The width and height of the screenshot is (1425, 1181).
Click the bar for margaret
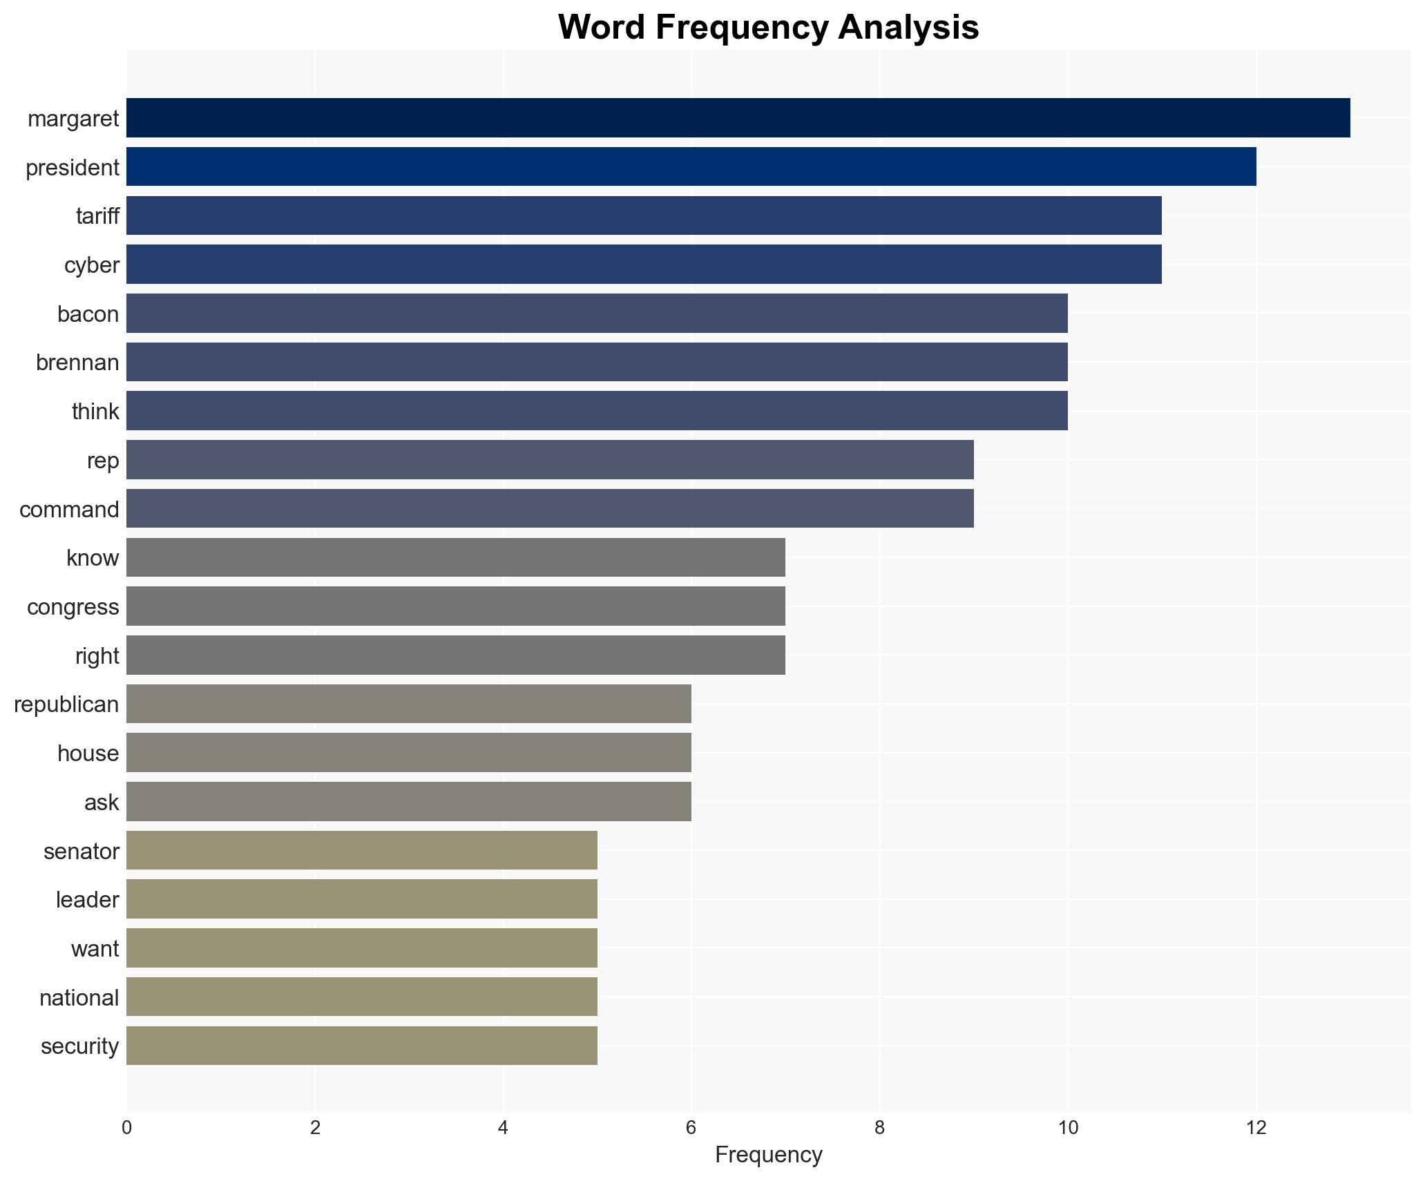tap(738, 118)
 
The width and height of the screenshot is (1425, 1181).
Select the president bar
tap(691, 167)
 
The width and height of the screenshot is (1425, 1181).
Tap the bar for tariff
tap(644, 215)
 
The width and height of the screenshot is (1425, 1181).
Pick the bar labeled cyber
tap(644, 265)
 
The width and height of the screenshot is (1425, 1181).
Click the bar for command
tap(550, 509)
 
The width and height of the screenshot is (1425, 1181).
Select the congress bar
tap(456, 606)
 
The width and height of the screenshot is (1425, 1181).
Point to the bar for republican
tap(409, 704)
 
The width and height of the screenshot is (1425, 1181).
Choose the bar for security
tap(362, 1046)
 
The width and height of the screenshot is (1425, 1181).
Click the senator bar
tap(362, 850)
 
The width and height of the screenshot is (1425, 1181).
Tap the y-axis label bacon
tap(88, 314)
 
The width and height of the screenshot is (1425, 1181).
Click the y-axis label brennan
tap(77, 363)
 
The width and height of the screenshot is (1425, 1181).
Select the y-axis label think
tap(95, 412)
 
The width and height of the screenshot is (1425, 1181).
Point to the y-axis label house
tap(88, 753)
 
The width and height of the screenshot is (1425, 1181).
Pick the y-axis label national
tap(79, 997)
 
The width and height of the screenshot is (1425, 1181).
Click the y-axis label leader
tap(87, 899)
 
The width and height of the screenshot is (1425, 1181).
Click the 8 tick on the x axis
tap(879, 1128)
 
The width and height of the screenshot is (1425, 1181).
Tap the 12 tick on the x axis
tap(1256, 1128)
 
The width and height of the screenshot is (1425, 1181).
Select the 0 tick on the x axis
tap(126, 1128)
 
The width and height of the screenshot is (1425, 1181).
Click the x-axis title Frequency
tap(768, 1155)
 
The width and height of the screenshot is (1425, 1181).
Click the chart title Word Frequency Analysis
tap(768, 28)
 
